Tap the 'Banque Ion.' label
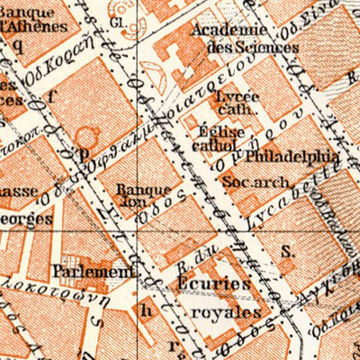[x=143, y=196]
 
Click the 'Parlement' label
[x=92, y=269]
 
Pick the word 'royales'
[x=220, y=311]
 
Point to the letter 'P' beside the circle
[x=84, y=154]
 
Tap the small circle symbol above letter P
[x=85, y=135]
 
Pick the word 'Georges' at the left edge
[x=20, y=218]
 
